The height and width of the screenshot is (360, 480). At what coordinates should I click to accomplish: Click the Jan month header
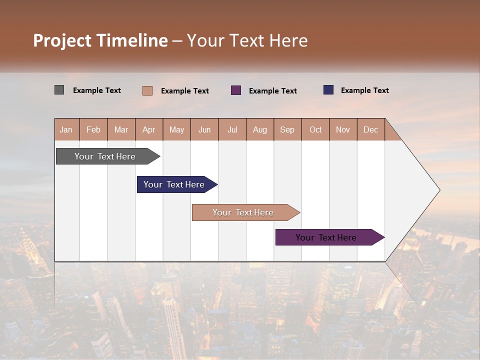pos(66,129)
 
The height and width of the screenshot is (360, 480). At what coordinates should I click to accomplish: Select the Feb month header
pos(93,129)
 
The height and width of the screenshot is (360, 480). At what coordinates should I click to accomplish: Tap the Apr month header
pos(149,129)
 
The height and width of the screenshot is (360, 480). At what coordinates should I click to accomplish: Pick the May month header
pos(176,129)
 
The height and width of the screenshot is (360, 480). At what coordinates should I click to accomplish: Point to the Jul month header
pos(232,129)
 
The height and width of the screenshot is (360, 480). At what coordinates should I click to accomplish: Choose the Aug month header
pos(260,129)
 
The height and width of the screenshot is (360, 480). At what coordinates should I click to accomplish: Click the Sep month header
pos(287,129)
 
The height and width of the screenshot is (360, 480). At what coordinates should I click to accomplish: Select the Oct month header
pos(315,129)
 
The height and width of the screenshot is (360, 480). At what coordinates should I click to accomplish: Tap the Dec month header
pos(371,129)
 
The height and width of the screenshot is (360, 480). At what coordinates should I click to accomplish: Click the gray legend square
pos(59,90)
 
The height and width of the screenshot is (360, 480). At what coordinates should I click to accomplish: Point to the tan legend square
pos(147,90)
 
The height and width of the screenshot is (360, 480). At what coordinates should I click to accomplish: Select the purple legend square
pos(236,90)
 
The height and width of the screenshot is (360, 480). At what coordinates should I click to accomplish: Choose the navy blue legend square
pos(328,90)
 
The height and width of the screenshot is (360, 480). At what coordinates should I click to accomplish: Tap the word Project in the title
pos(62,40)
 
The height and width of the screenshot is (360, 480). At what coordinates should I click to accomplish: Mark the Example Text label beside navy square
pos(365,90)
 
